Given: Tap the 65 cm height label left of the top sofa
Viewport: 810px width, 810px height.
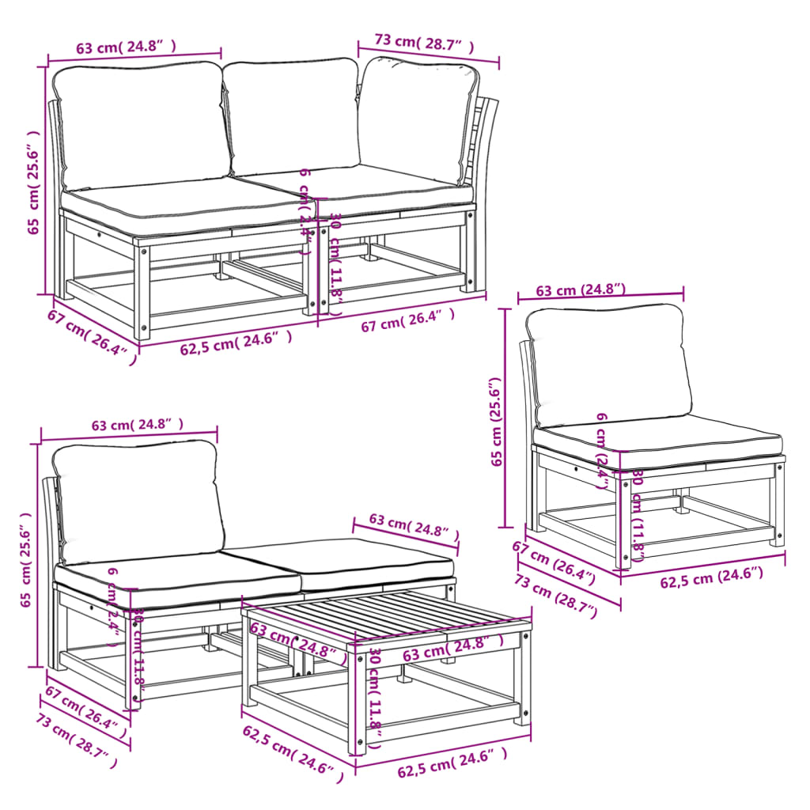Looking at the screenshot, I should (x=32, y=182).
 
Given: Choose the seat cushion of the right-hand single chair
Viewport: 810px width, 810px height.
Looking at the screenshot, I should (x=657, y=441).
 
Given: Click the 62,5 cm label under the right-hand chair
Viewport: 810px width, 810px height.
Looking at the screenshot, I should (x=712, y=579).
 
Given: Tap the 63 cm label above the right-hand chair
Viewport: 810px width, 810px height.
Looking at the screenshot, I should (x=581, y=290).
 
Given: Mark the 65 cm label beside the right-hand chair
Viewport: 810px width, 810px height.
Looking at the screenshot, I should (x=497, y=422).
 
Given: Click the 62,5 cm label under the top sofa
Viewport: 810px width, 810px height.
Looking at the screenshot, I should (x=236, y=343).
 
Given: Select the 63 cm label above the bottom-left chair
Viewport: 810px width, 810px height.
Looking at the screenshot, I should (x=137, y=426).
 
